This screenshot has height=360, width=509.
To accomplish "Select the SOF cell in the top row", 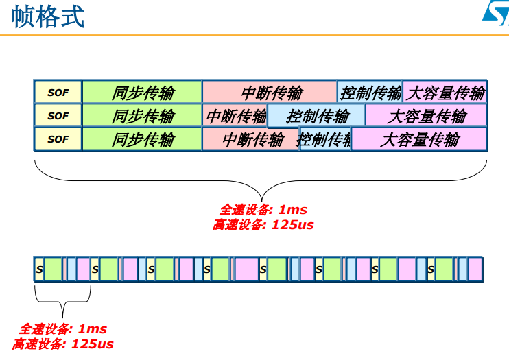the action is pyautogui.click(x=58, y=93).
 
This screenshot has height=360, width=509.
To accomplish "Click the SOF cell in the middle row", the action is pyautogui.click(x=58, y=116).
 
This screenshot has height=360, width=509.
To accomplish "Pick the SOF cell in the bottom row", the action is pyautogui.click(x=58, y=139).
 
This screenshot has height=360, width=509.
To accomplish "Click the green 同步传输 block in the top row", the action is pyautogui.click(x=142, y=93).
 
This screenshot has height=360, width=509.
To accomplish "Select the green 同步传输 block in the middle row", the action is pyautogui.click(x=142, y=116).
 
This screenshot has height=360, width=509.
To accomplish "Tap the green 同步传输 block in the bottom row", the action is pyautogui.click(x=142, y=139).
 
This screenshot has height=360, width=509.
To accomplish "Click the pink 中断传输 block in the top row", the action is pyautogui.click(x=270, y=93).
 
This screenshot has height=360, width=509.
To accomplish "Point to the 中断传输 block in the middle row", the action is pyautogui.click(x=235, y=116).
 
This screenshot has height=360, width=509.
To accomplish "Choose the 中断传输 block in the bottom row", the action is pyautogui.click(x=251, y=140).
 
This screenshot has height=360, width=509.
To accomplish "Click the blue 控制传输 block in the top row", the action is pyautogui.click(x=370, y=93).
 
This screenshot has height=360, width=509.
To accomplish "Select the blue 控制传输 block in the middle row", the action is pyautogui.click(x=316, y=116).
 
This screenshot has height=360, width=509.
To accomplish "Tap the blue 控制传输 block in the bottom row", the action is pyautogui.click(x=325, y=140).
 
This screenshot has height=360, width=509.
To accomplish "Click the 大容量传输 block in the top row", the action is pyautogui.click(x=445, y=93).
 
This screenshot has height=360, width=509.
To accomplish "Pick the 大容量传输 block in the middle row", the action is pyautogui.click(x=426, y=116).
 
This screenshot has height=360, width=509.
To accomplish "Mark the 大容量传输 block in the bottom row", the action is pyautogui.click(x=419, y=140).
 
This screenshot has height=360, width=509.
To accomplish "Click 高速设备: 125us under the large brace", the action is pyautogui.click(x=263, y=225).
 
